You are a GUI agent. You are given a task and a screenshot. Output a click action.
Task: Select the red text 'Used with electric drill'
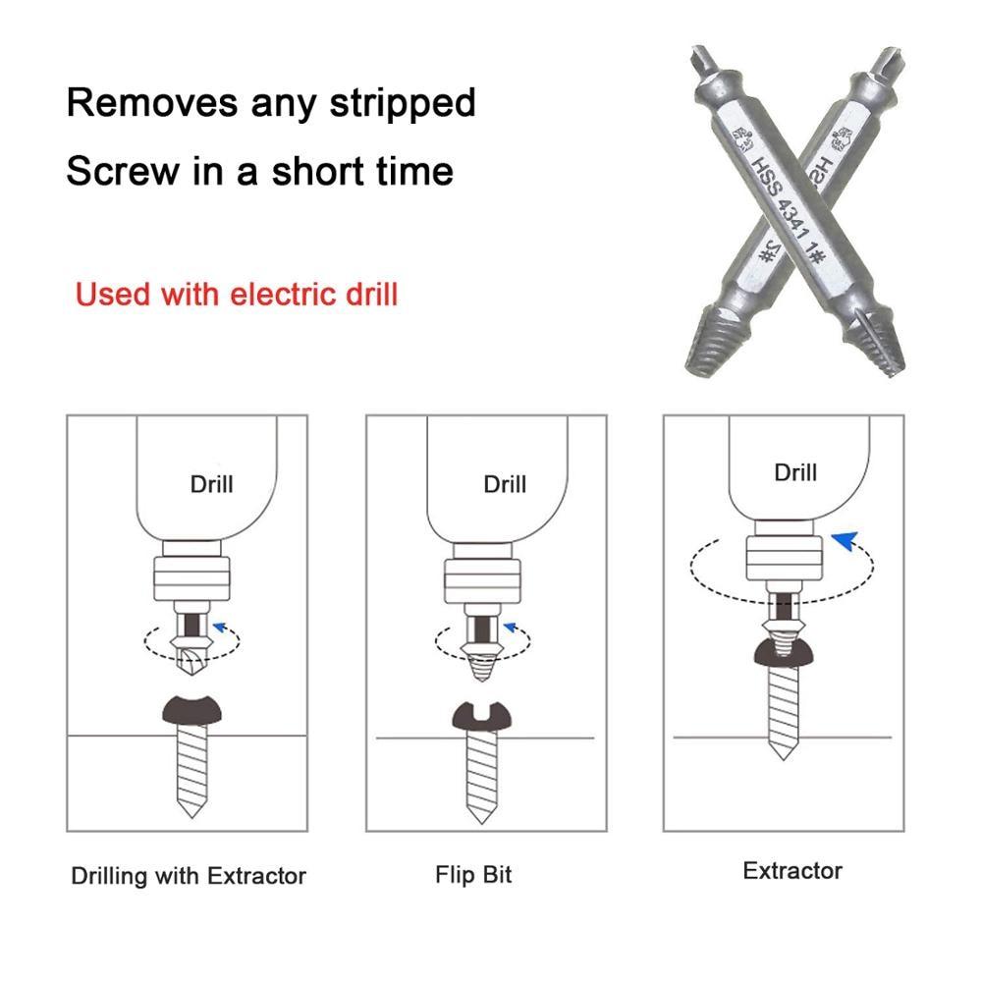pos(237,294)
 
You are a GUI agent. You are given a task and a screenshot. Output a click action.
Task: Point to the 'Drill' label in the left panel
pos(212,483)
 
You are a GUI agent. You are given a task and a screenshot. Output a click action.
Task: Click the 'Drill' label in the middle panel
pos(505,484)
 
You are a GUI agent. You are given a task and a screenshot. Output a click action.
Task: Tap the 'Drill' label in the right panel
pos(794,472)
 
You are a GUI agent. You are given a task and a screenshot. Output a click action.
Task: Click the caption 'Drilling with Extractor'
pos(189,876)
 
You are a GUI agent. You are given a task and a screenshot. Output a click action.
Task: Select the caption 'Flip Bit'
pos(473,874)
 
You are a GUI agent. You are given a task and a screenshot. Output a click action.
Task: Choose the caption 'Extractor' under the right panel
pos(792,870)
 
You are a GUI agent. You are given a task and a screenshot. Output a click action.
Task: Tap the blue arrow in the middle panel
pos(509,625)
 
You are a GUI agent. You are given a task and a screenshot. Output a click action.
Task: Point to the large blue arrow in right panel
pos(846,538)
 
